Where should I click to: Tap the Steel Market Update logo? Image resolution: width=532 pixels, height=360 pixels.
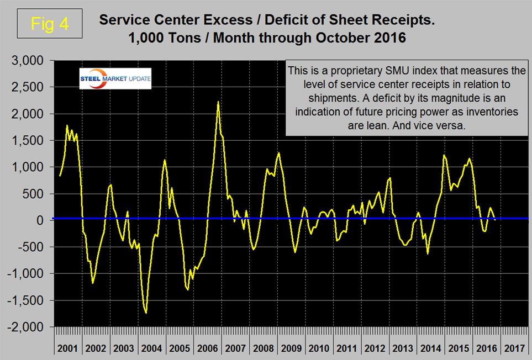[x=114, y=78]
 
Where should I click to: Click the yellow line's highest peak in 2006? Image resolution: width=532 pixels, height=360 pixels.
[x=218, y=102]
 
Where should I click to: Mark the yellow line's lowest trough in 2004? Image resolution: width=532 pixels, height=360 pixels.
[x=146, y=313]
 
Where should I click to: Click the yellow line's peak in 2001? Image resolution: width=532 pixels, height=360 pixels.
[x=67, y=126]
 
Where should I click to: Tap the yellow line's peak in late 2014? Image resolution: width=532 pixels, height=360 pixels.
[x=444, y=155]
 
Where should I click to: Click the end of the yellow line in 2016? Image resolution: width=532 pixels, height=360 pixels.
[x=494, y=219]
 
